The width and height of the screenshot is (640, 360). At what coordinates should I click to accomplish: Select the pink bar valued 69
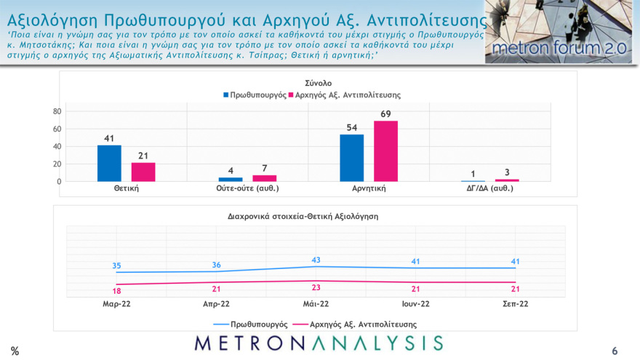386,151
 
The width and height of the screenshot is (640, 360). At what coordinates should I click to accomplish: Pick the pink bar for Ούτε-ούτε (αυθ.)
265,178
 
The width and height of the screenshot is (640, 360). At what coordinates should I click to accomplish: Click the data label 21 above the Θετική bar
143,156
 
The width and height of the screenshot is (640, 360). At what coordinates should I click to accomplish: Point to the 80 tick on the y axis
56,111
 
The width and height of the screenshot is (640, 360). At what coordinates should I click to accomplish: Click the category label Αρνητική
369,188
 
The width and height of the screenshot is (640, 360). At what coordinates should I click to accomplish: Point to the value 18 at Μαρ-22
116,291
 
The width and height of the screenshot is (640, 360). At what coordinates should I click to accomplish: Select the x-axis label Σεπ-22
516,304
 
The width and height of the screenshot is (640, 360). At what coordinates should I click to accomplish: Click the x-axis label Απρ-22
216,304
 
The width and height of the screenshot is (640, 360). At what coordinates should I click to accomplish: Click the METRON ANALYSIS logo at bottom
319,343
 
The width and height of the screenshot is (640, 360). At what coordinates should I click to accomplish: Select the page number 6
615,351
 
